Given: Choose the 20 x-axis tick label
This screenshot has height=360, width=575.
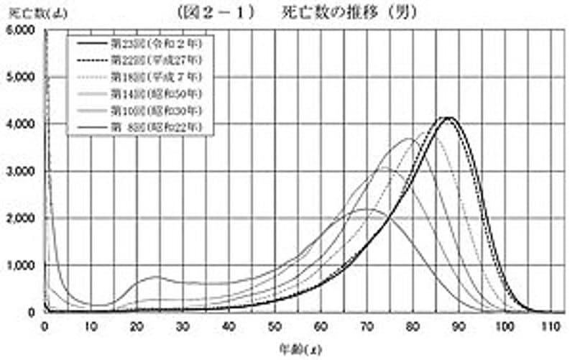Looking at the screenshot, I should pos(137,326).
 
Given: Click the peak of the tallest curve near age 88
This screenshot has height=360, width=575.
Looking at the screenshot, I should pos(449,117).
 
